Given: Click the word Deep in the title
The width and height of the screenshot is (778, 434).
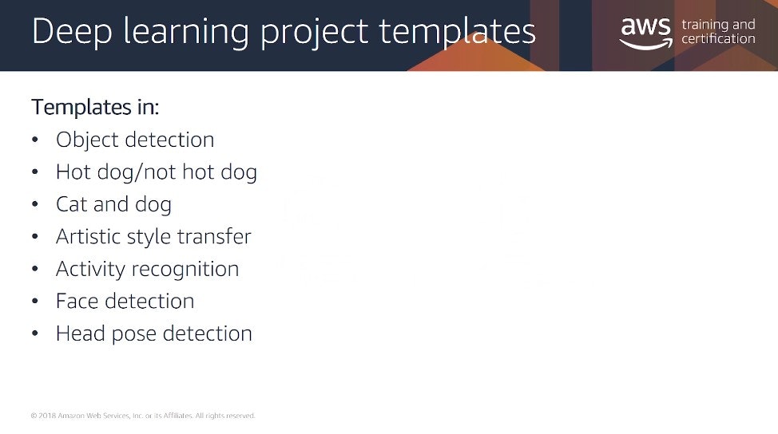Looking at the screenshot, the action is click(72, 32).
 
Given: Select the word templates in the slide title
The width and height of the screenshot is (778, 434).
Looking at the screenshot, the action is click(457, 32).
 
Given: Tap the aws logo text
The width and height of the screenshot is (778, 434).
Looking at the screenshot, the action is click(645, 27).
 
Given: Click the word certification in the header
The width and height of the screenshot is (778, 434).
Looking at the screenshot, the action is click(718, 38).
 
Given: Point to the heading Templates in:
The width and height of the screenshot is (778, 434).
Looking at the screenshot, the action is click(95, 107).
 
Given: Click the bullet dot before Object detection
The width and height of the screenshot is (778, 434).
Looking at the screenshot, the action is click(34, 140).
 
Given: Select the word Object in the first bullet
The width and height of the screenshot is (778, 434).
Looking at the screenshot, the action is click(86, 140).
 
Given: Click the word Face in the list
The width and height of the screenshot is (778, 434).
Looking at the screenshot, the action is click(77, 302).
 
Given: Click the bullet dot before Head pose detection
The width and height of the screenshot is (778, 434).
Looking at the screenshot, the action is click(34, 333).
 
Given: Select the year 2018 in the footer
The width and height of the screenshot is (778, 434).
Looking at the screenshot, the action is click(47, 416).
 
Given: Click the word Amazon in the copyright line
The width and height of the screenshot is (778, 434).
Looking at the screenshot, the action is click(71, 416).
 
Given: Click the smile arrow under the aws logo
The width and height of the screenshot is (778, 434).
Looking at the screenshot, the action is click(646, 45).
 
